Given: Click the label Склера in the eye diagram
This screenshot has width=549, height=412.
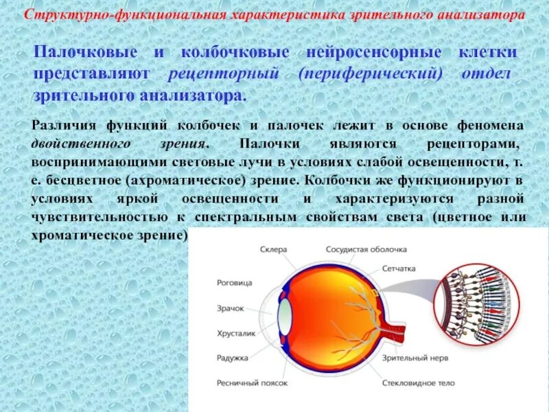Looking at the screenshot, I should [x=274, y=249].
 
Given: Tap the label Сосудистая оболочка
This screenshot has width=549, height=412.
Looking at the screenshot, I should [x=366, y=249].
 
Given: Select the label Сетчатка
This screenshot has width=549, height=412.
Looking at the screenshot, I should [x=399, y=270].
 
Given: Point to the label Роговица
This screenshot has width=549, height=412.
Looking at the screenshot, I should [x=234, y=282].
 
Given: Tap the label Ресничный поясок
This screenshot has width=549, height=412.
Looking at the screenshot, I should [x=252, y=382].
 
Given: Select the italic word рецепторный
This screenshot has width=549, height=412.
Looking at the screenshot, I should [x=226, y=74].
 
